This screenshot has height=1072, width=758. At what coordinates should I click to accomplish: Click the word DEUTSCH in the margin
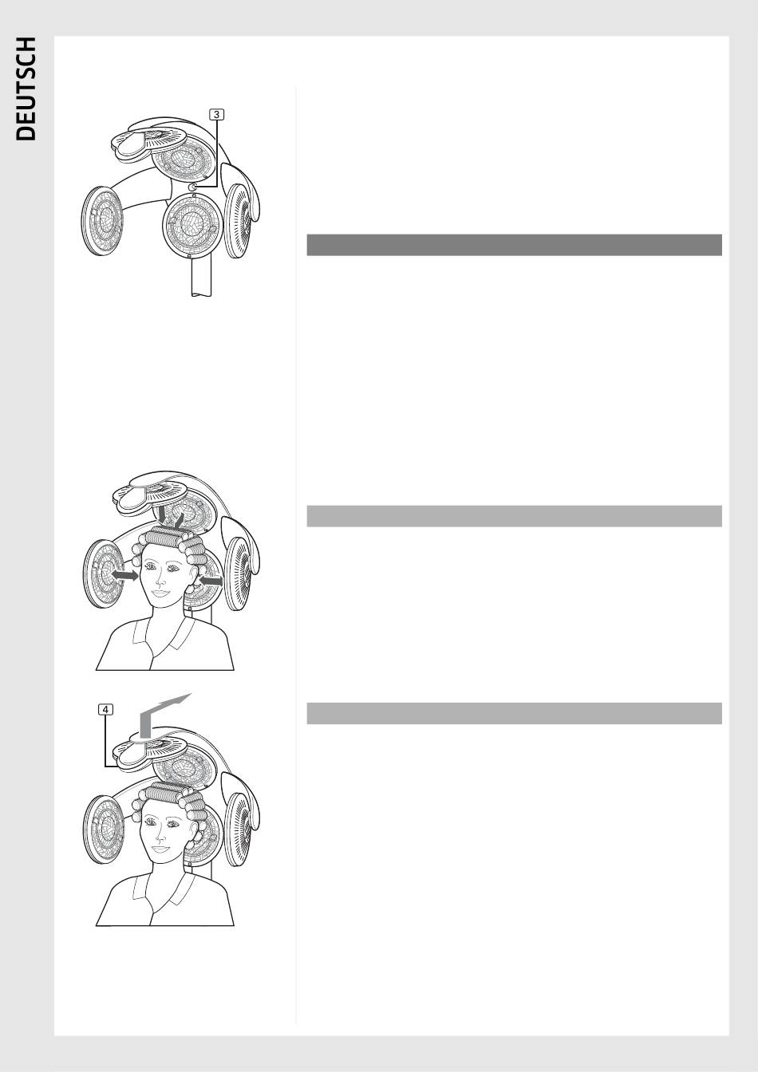26,89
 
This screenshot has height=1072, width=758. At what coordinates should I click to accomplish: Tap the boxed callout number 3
217,114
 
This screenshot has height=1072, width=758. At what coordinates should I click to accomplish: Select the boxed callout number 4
106,709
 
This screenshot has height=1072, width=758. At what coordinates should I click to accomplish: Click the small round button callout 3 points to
193,187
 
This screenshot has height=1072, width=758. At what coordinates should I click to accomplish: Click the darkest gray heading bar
515,245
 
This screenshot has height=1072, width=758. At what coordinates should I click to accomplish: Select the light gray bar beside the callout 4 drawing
515,713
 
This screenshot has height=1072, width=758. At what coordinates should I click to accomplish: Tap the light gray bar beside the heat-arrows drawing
515,516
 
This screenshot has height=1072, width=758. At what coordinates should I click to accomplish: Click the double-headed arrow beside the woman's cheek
124,575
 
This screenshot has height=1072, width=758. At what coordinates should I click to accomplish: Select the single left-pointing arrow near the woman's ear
211,581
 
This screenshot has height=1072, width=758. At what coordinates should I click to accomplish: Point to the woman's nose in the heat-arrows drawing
160,579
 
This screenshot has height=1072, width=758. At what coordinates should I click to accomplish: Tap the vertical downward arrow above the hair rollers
163,516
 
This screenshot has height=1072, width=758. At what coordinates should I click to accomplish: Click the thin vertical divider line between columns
296,554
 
